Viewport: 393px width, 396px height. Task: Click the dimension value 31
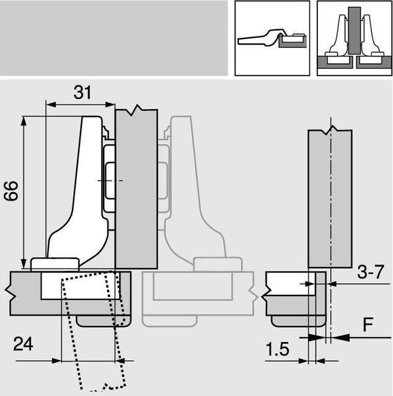coord(82,92)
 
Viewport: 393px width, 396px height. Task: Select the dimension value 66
coord(11,191)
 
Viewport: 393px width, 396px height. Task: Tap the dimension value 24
coord(23,344)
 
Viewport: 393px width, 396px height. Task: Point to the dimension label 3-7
coord(371,272)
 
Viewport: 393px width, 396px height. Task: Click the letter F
coord(368,325)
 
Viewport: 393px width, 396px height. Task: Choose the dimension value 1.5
coord(277,350)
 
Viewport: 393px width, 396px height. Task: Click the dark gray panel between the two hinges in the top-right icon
coord(355,30)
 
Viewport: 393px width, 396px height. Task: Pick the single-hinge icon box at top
coord(272,38)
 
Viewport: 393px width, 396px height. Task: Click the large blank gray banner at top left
coord(113,38)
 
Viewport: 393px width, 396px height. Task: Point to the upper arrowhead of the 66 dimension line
coord(24,121)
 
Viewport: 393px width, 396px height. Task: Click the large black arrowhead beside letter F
coord(340,337)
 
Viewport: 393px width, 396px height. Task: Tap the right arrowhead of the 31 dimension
coord(110,105)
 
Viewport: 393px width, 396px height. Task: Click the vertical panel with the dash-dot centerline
coord(330,198)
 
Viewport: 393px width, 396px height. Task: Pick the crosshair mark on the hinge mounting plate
coord(110,180)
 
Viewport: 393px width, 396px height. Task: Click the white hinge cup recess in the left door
coord(81,286)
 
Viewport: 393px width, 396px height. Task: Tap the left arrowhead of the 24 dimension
coord(57,361)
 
